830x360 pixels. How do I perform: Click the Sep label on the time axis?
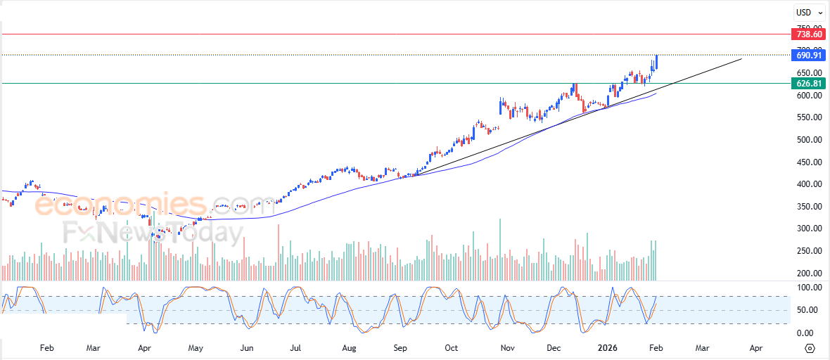pyautogui.click(x=400, y=347)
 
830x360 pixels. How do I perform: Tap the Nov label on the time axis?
pyautogui.click(x=505, y=347)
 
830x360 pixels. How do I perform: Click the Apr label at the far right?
pyautogui.click(x=756, y=347)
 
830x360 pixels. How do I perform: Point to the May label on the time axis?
pyautogui.click(x=196, y=347)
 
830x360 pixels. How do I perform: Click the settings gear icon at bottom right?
pyautogui.click(x=810, y=348)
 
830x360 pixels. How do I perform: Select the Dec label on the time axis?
pyautogui.click(x=554, y=347)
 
